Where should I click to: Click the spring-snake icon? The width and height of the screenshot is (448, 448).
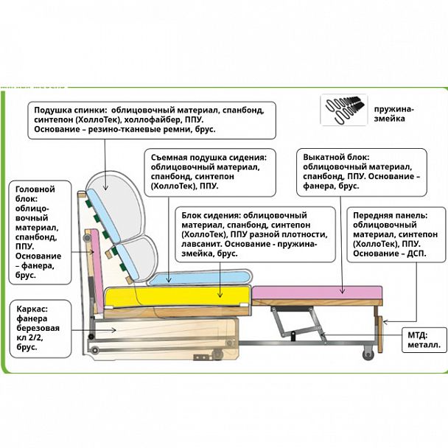point(344,109)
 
